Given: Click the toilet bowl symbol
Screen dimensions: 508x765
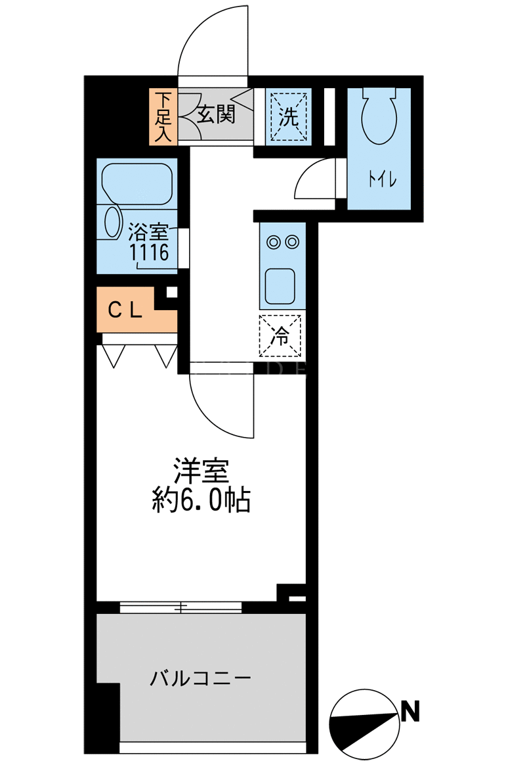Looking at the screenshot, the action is [379, 116].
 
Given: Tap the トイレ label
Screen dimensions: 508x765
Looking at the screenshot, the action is [383, 180].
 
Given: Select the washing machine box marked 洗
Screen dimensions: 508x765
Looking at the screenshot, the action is [288, 116].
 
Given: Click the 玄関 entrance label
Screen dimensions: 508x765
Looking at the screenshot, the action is [216, 114].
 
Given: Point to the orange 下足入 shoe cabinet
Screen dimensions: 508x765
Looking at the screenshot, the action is [163, 116].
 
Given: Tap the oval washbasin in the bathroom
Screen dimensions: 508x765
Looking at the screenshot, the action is [113, 223].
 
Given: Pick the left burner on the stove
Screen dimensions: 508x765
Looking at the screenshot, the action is [273, 241].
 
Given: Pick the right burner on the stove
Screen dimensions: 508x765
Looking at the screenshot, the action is [292, 241].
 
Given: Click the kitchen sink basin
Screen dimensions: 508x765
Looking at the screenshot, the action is [280, 286].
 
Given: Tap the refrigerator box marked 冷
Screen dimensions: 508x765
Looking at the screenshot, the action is [280, 336].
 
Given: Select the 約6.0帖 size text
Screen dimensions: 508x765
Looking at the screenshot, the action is [201, 499].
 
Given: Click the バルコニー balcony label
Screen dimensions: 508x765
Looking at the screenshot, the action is [201, 678].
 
